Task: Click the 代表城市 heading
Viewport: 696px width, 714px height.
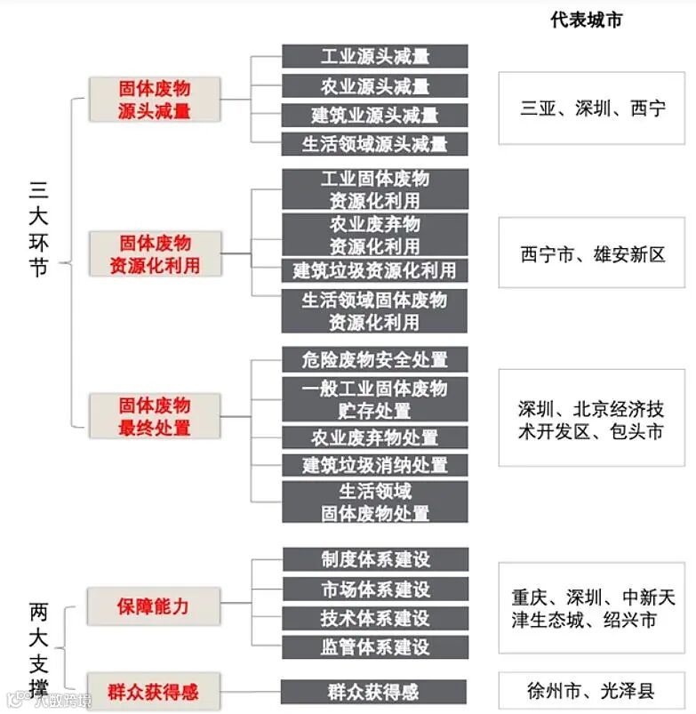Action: pos(586,20)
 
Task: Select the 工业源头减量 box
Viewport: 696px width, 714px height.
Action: pos(375,56)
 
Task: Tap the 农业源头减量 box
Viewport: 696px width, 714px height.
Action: pos(375,86)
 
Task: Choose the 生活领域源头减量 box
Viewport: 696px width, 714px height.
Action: pos(375,143)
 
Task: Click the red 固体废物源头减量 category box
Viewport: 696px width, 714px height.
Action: pos(155,100)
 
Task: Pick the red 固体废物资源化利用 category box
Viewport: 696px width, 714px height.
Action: pos(155,253)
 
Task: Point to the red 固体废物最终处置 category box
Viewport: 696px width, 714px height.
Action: pos(155,416)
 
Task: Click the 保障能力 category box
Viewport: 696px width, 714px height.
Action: pos(153,606)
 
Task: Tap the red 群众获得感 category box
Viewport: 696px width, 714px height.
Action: pos(153,692)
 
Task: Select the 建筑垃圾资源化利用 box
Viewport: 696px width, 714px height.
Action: pos(375,269)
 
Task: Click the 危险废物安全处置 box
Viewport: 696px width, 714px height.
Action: pos(375,359)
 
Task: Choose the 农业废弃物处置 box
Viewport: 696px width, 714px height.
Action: pos(375,437)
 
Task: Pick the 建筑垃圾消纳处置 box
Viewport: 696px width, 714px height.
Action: pos(375,464)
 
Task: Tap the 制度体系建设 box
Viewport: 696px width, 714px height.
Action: pos(375,559)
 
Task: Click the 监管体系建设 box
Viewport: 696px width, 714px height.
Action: pos(375,646)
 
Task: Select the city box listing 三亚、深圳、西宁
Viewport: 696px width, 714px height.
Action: pos(591,108)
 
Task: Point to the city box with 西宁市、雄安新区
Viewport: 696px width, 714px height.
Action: pos(591,253)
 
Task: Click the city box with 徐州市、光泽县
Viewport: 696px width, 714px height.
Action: pos(591,690)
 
